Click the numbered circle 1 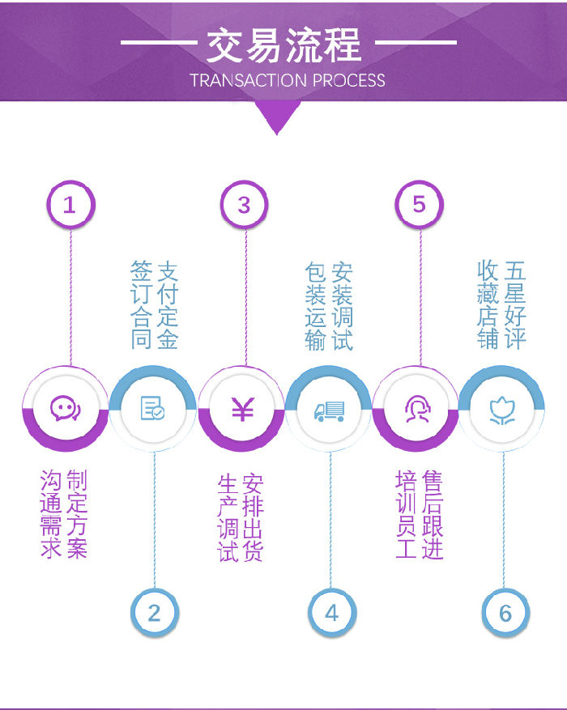70,205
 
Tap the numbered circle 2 155,613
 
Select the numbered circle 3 245,205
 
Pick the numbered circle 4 332,613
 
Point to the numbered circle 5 420,205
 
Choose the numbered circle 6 505,613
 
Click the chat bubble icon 66,408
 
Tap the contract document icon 152,408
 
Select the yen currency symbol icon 243,409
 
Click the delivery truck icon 330,411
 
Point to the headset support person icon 417,409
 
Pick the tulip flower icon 502,410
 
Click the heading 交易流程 284,45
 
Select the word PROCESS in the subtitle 349,81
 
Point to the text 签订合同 141,304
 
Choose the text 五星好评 515,304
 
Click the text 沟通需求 51,513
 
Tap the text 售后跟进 433,515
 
